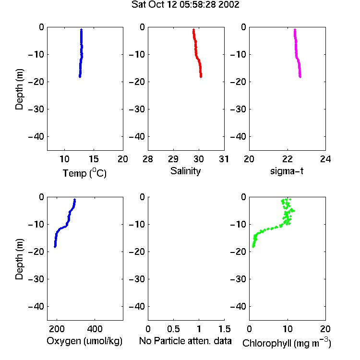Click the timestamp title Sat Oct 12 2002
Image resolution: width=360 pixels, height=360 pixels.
coord(185,4)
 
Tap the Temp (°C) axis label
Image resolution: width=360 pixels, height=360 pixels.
coord(84,173)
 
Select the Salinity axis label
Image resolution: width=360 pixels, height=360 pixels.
coord(185,171)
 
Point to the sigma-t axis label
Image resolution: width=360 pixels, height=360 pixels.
coord(287,171)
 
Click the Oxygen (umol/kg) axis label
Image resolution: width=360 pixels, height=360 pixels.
coord(84,341)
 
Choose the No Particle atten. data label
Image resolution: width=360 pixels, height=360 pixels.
coord(185,341)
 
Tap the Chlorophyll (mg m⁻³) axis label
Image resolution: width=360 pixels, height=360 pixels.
coord(287,343)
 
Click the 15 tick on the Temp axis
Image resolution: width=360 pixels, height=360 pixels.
coord(94,159)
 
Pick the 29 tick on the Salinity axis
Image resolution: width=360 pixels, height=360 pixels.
coord(173,159)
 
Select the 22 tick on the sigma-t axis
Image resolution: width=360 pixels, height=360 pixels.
coord(288,159)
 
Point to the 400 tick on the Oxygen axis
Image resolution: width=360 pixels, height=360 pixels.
coord(95,329)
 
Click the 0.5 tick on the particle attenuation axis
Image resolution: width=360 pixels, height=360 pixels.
coord(173,329)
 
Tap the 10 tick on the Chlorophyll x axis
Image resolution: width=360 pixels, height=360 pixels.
coord(288,329)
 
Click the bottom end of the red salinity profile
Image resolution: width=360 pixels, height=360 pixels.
coord(201,77)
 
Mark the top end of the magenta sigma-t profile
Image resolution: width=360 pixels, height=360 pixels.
coord(295,29)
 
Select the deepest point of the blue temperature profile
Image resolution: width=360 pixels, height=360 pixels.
coord(80,77)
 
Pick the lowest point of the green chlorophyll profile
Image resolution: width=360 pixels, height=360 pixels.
coord(253,247)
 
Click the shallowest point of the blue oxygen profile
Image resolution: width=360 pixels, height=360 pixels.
coord(74,200)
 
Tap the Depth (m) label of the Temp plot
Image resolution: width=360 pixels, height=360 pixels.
coord(19,89)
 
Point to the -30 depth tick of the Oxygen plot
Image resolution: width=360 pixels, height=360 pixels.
coord(36,279)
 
